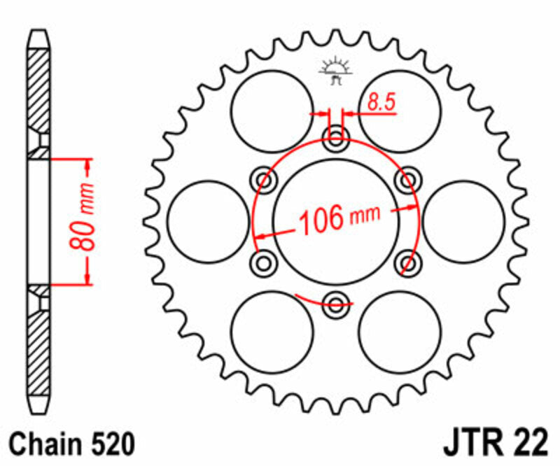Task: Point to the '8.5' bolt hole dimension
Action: click(x=381, y=103)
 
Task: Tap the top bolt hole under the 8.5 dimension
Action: click(x=336, y=136)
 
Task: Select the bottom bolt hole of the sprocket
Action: click(x=336, y=303)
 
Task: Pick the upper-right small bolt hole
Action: click(x=407, y=179)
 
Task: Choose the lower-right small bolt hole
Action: click(x=407, y=262)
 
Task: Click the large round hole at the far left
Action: click(x=209, y=221)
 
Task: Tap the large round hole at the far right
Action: click(x=463, y=221)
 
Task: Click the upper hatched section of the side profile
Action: click(x=39, y=91)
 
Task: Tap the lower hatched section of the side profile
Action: click(x=39, y=350)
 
